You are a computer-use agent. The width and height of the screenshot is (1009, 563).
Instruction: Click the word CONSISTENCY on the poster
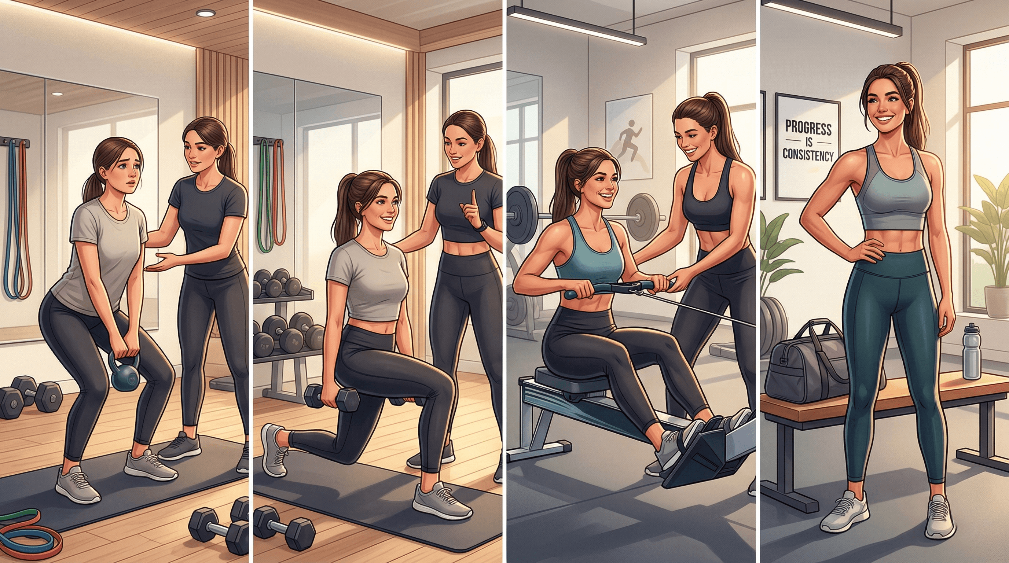click(808, 155)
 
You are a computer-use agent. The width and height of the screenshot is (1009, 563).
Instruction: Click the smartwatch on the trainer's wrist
click(483, 226)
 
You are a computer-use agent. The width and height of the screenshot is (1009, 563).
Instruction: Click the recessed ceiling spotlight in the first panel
click(206, 13)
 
